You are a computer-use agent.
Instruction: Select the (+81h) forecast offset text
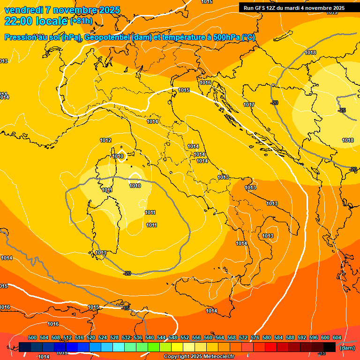pyautogui.click(x=81, y=21)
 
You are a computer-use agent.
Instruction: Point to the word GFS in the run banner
pyautogui.click(x=262, y=8)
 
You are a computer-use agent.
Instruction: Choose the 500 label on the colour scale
pyautogui.click(x=32, y=337)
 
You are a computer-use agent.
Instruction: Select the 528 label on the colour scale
pyautogui.click(x=114, y=337)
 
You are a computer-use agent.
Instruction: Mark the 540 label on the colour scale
pyautogui.click(x=150, y=337)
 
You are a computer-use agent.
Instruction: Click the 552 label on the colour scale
pyautogui.click(x=185, y=337)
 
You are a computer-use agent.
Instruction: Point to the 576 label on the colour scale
pyautogui.click(x=255, y=337)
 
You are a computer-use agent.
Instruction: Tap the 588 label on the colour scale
pyautogui.click(x=290, y=337)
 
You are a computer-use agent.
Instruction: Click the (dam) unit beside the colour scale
pyautogui.click(x=347, y=348)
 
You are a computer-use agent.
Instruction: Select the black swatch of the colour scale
pyautogui.click(x=330, y=347)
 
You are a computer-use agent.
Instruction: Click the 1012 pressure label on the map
pyautogui.click(x=105, y=140)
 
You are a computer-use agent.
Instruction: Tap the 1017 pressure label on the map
pyautogui.click(x=249, y=105)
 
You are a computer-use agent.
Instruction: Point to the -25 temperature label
pyautogui.click(x=342, y=110)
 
